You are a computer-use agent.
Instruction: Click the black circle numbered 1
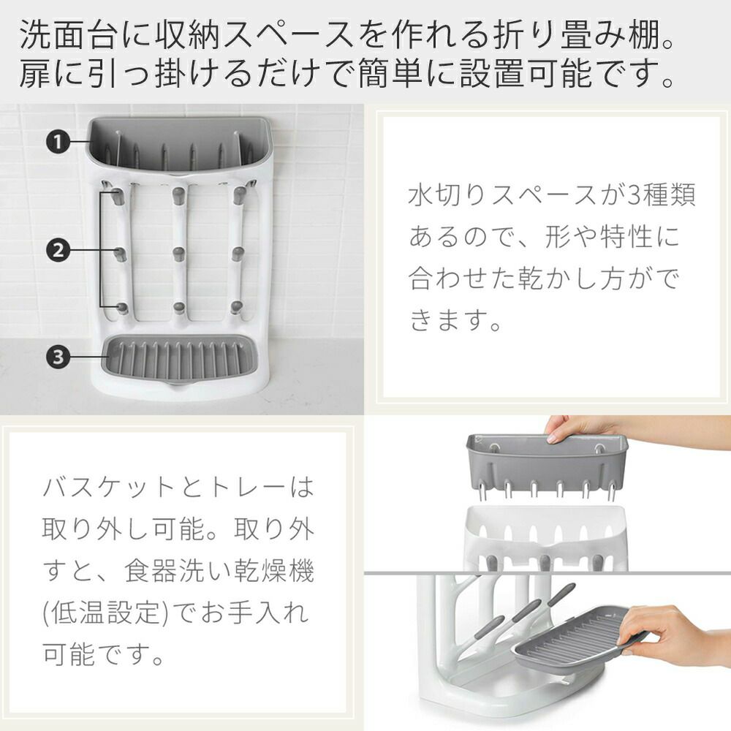click(57, 142)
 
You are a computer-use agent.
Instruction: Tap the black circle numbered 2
click(57, 251)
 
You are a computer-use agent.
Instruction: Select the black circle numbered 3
click(57, 357)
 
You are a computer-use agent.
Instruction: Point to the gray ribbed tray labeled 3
click(179, 359)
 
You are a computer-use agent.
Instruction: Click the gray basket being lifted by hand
click(548, 466)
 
